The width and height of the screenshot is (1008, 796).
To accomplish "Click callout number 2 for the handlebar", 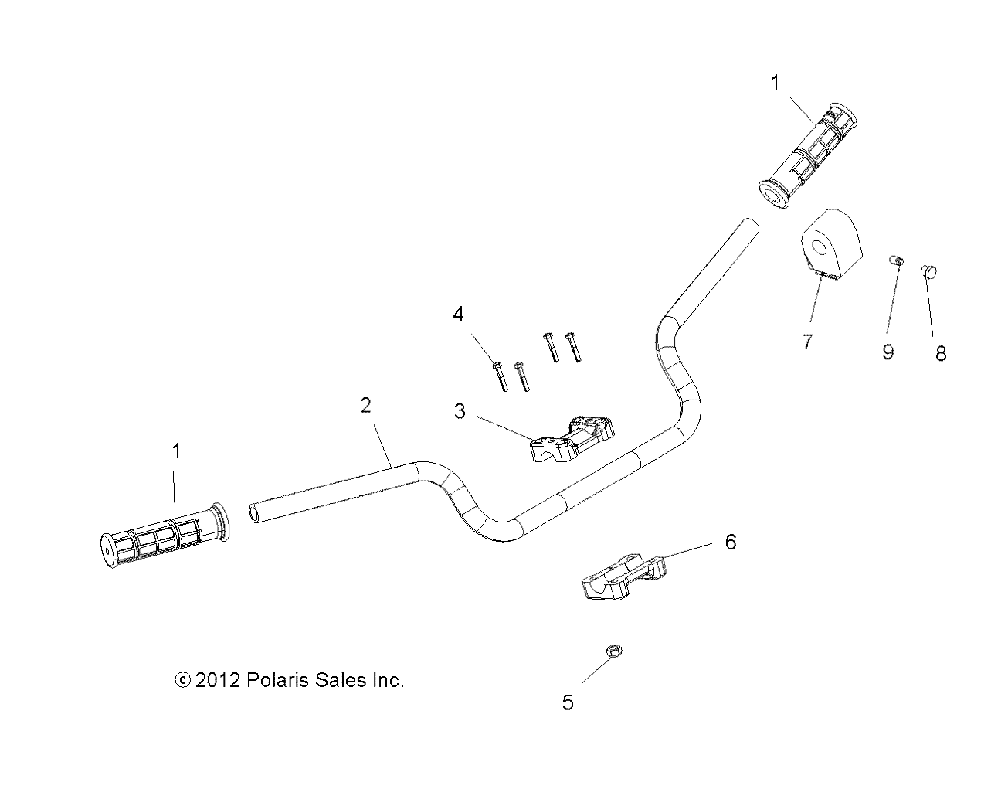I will click(x=365, y=405).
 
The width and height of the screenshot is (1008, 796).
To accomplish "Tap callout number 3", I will click(x=460, y=411).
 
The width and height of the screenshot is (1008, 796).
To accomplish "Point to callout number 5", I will click(x=568, y=703).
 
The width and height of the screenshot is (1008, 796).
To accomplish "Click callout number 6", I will click(x=730, y=542).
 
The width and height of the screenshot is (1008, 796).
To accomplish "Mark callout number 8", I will click(x=940, y=354).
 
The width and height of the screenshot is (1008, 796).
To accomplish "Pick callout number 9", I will click(x=888, y=352).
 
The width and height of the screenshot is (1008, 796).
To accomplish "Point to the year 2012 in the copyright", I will click(x=218, y=681).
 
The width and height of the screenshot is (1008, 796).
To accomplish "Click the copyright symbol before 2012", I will click(x=183, y=681).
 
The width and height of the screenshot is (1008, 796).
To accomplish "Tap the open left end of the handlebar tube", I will click(x=256, y=511).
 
